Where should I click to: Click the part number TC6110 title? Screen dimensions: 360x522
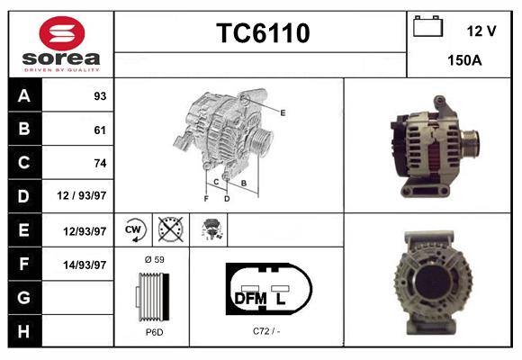click(263, 34)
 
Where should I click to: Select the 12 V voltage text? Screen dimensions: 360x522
click(481, 31)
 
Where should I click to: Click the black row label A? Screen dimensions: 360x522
click(23, 95)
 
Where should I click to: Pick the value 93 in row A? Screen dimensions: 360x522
click(98, 96)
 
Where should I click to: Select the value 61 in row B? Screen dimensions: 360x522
click(99, 130)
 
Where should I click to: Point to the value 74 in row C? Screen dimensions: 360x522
click(99, 164)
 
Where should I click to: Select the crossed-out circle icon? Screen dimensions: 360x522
click(169, 229)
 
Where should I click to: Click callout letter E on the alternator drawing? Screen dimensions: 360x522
click(283, 112)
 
